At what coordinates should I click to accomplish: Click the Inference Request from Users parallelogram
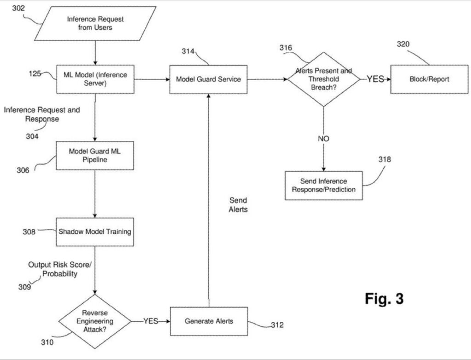pyautogui.click(x=95, y=23)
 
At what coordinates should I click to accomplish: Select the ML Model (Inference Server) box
pyautogui.click(x=95, y=79)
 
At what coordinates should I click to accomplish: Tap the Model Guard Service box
pyautogui.click(x=208, y=79)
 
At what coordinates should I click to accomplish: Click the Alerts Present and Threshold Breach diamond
pyautogui.click(x=323, y=79)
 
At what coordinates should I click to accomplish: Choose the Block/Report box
pyautogui.click(x=429, y=79)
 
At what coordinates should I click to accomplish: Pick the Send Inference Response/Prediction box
pyautogui.click(x=323, y=185)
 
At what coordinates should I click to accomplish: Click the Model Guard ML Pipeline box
pyautogui.click(x=95, y=156)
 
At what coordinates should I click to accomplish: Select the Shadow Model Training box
pyautogui.click(x=95, y=232)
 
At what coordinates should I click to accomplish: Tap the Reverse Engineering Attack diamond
pyautogui.click(x=95, y=321)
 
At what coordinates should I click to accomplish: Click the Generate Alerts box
pyautogui.click(x=208, y=321)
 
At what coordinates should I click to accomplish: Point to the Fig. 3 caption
pyautogui.click(x=384, y=298)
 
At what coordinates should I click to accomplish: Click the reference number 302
pyautogui.click(x=18, y=8)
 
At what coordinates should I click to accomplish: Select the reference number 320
pyautogui.click(x=403, y=44)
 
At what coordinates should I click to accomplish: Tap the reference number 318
pyautogui.click(x=385, y=160)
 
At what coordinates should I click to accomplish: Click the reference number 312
pyautogui.click(x=277, y=325)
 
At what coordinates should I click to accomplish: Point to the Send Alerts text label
pyautogui.click(x=238, y=205)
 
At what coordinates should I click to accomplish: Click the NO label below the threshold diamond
pyautogui.click(x=323, y=139)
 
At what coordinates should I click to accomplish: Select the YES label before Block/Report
pyautogui.click(x=375, y=79)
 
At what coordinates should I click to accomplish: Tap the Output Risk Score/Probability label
pyautogui.click(x=53, y=269)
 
